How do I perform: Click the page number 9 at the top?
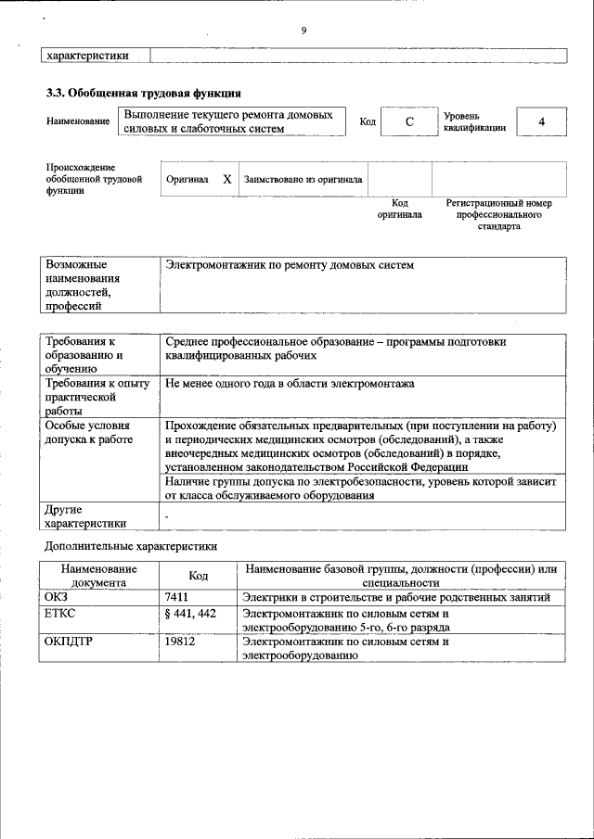pos(303,32)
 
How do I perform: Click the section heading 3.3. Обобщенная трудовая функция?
pos(144,94)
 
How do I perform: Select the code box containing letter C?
pos(408,122)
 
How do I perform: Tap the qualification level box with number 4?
pos(541,122)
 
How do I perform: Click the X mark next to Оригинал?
pos(226,179)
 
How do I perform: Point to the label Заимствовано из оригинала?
pos(303,179)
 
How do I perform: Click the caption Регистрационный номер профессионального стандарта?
pos(498,214)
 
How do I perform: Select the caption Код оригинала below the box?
pos(399,209)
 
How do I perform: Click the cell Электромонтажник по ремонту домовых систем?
pos(290,266)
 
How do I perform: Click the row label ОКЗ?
pos(57,597)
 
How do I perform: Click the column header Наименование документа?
pos(99,576)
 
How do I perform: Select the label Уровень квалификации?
pos(474,122)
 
